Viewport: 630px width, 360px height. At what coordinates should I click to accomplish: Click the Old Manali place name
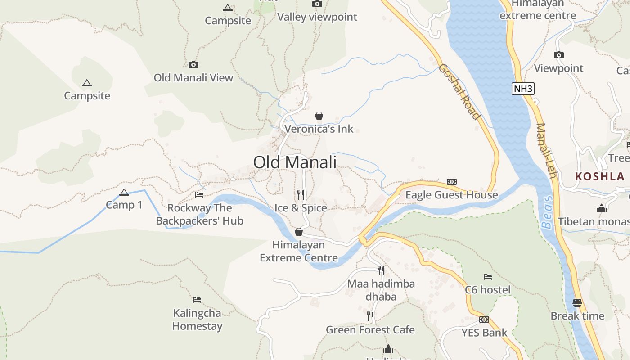295,162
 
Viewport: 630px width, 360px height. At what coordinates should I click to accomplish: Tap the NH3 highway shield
523,89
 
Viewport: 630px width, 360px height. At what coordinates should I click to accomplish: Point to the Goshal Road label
459,92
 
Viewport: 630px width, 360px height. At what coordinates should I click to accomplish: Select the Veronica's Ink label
319,129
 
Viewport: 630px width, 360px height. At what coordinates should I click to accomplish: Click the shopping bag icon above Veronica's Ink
319,116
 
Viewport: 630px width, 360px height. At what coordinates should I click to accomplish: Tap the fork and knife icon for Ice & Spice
301,195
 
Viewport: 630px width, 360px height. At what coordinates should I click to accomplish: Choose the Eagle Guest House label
452,195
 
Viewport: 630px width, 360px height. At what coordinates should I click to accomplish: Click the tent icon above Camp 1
124,193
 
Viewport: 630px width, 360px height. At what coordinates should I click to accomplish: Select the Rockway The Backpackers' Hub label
199,214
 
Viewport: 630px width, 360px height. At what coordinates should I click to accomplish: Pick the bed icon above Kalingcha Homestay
197,300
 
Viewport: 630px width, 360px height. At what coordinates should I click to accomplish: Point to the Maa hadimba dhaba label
381,290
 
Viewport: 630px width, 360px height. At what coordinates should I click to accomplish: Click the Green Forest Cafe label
370,330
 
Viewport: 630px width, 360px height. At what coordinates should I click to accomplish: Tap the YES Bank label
484,333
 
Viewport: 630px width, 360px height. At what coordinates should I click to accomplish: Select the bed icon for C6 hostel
488,276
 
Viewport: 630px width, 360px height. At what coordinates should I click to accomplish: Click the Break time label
577,316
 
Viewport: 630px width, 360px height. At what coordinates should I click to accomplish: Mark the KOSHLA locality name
600,176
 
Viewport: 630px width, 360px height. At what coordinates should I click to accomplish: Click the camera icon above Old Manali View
193,65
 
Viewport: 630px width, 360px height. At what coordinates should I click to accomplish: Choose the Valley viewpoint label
317,17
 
